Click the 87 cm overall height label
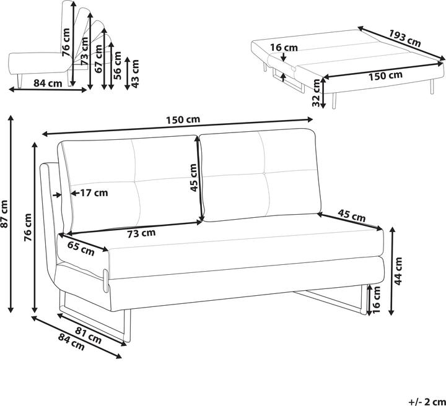tap(5, 214)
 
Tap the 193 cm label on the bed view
tap(406, 39)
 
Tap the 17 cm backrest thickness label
tap(93, 192)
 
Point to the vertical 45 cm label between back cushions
tap(193, 178)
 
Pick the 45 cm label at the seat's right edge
tap(351, 217)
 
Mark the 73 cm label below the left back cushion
tap(141, 233)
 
